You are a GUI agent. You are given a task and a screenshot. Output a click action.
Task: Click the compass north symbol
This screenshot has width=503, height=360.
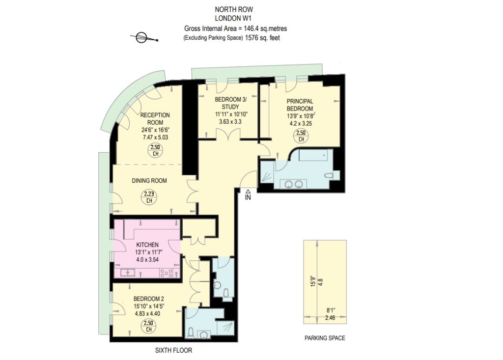[x=144, y=37]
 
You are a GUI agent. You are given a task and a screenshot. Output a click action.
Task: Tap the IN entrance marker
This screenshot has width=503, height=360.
[x=248, y=195]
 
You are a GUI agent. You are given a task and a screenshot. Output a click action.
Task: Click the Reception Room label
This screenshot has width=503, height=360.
[x=155, y=119]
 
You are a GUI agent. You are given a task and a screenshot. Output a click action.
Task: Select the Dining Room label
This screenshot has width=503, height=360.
[x=149, y=181]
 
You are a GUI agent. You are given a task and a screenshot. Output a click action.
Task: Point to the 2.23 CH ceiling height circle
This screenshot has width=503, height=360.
[x=149, y=197]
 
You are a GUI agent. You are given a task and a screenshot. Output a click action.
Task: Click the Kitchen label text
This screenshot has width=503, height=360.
[x=147, y=245]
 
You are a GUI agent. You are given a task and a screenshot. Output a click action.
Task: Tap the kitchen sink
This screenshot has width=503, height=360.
[x=128, y=273]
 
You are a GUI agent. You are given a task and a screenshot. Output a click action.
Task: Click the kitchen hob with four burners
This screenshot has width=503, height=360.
[x=167, y=273]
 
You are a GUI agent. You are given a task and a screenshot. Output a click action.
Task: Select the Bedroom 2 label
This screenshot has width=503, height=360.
[x=149, y=299]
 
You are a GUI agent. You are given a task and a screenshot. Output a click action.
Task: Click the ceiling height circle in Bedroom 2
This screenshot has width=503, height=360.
[x=148, y=326]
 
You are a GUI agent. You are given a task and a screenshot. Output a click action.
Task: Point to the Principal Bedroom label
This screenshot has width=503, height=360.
[x=300, y=105]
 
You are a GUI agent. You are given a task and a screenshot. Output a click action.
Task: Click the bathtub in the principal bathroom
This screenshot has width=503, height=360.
[x=316, y=155]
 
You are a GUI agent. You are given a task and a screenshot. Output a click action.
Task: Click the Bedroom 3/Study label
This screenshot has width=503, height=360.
[x=231, y=103]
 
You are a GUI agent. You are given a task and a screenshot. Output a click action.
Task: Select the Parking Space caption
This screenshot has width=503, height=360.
[x=325, y=338]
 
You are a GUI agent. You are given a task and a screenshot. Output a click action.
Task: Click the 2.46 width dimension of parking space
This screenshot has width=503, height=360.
[x=330, y=318]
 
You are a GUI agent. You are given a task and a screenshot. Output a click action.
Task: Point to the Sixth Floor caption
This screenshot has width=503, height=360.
[x=173, y=350]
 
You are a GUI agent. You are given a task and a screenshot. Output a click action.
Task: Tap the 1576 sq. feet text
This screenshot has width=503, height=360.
[x=262, y=38]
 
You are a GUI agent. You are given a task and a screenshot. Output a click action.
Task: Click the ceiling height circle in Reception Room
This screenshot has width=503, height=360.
[x=155, y=150]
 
